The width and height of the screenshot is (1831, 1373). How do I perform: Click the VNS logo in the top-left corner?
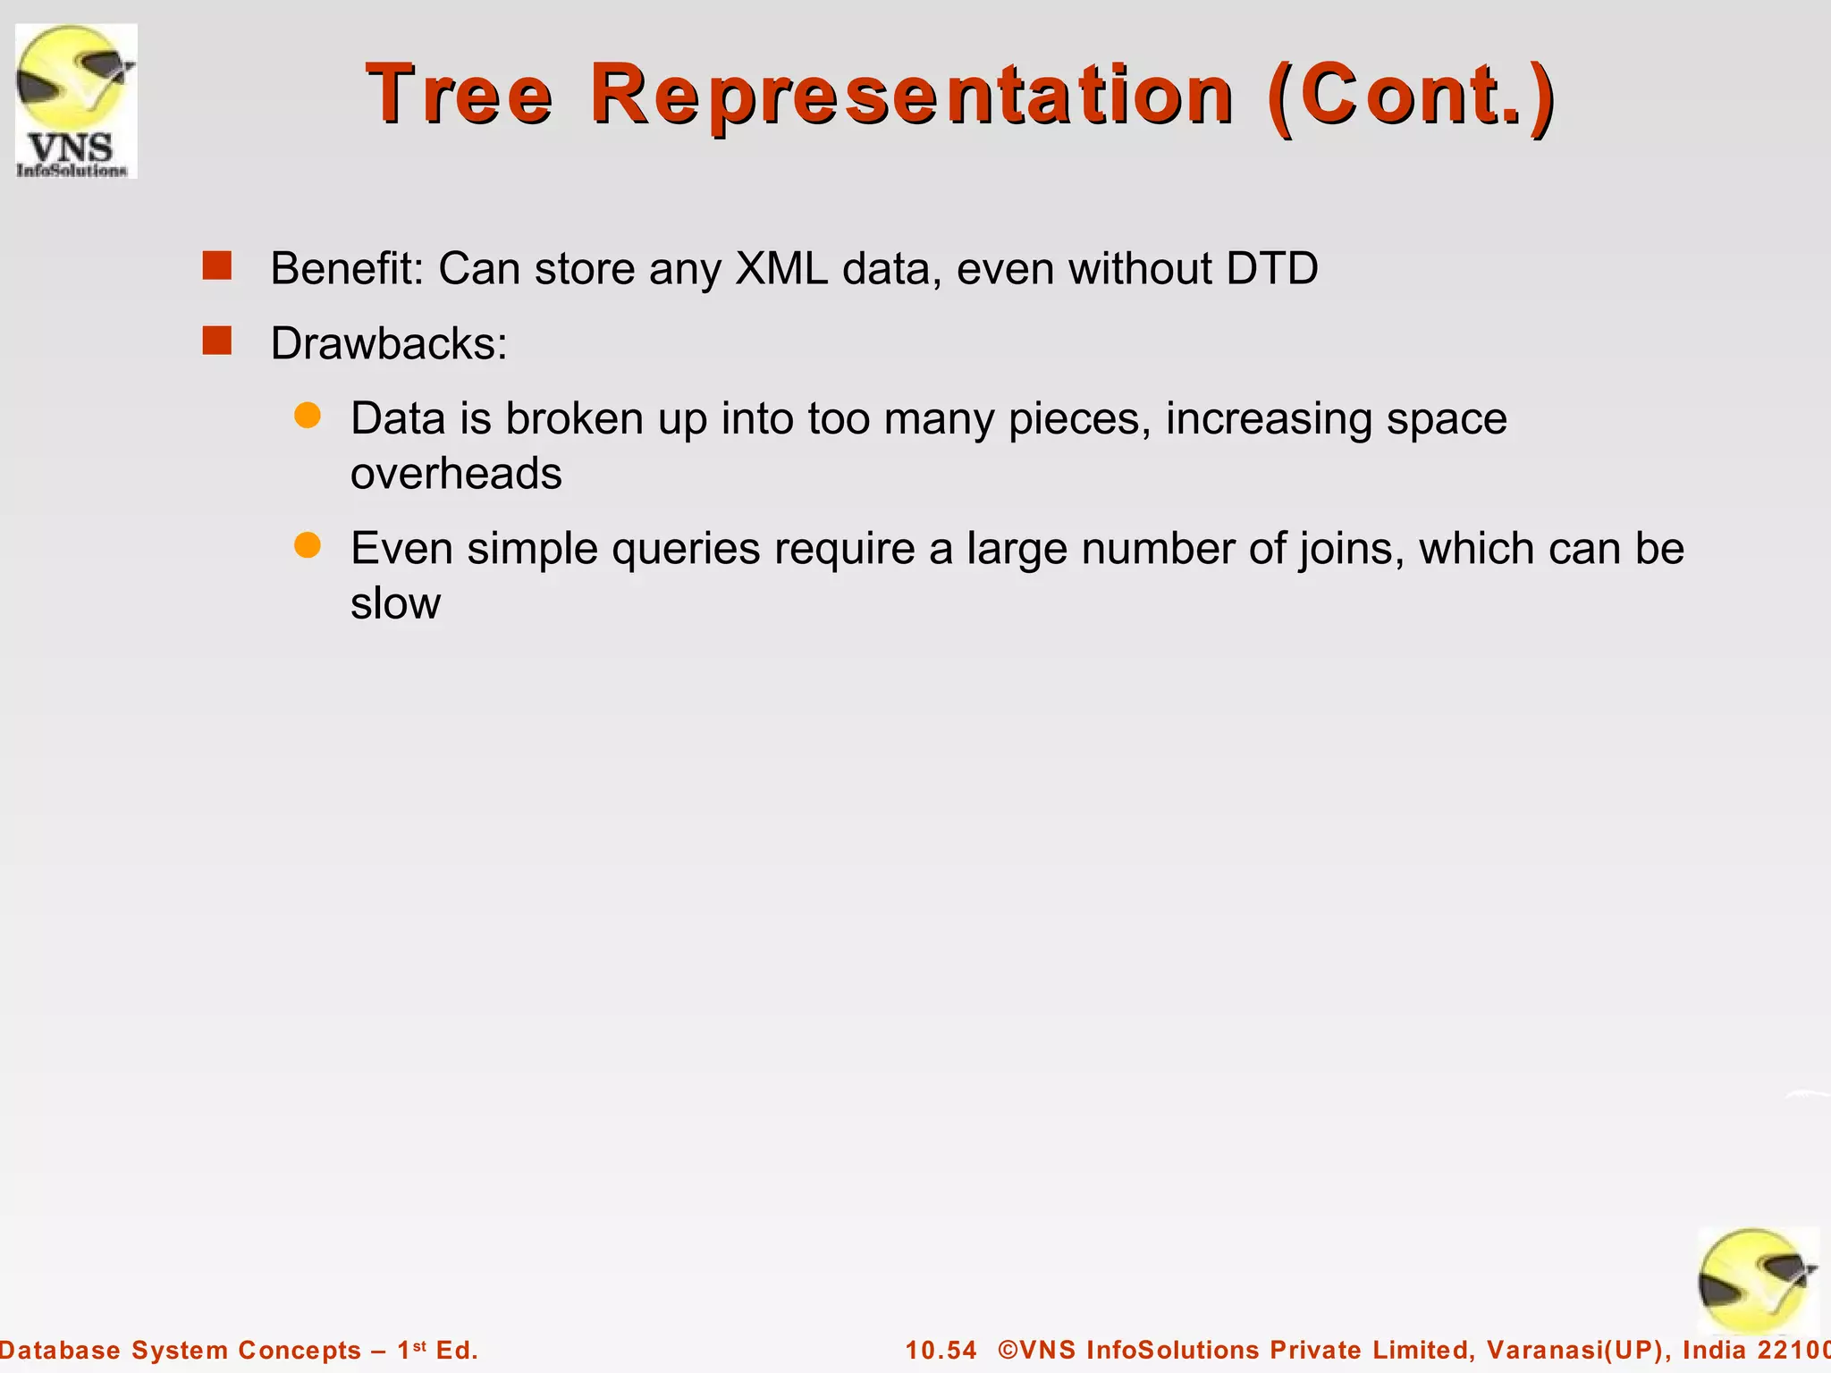click(x=76, y=100)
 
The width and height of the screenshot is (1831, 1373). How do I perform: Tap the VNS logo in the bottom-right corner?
click(x=1757, y=1280)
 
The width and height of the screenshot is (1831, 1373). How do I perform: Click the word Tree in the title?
click(x=460, y=95)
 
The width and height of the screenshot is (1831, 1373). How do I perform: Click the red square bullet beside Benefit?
click(x=217, y=266)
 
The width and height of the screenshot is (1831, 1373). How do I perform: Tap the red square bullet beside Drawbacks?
click(x=217, y=341)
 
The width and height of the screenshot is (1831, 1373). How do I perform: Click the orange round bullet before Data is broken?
click(x=308, y=416)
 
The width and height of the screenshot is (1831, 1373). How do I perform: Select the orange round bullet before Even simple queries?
click(x=308, y=545)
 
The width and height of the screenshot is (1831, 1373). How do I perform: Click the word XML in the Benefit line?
click(x=781, y=268)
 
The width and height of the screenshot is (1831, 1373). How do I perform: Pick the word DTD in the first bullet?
click(x=1271, y=268)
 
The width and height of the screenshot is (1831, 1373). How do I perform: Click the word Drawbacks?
click(x=389, y=343)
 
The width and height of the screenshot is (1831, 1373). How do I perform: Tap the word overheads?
click(x=456, y=473)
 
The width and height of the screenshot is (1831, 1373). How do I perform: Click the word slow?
click(x=395, y=603)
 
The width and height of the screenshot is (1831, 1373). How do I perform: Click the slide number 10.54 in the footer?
click(x=941, y=1350)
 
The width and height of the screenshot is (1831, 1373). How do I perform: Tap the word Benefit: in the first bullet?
click(x=347, y=268)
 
